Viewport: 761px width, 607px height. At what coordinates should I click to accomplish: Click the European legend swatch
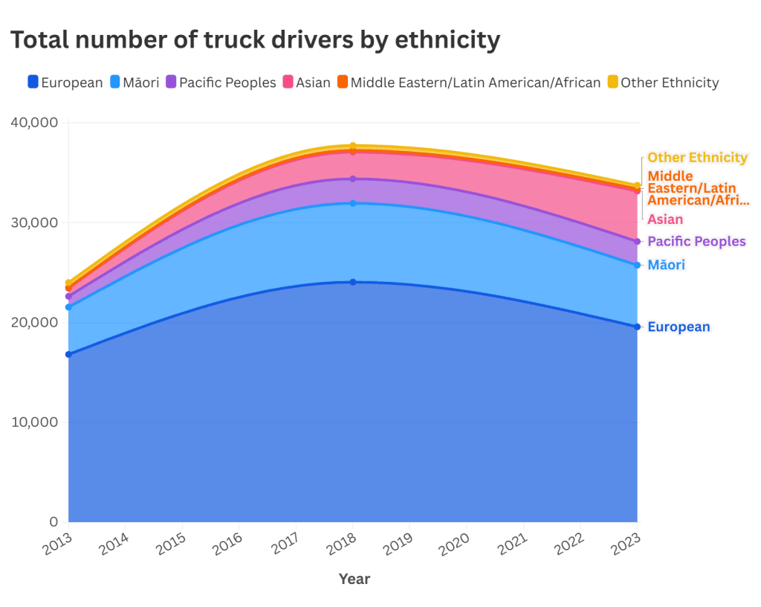33,82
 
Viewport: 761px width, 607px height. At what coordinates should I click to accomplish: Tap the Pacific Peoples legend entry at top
221,82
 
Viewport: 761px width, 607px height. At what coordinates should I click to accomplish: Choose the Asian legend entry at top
306,82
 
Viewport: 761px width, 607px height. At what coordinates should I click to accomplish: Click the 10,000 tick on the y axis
35,422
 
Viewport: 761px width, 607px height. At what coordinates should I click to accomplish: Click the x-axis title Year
354,579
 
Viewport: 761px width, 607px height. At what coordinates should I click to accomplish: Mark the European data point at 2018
353,282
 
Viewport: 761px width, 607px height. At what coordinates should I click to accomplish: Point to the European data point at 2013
68,354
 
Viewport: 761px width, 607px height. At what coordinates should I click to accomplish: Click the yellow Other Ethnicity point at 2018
353,146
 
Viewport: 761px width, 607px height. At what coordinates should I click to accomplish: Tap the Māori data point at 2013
68,306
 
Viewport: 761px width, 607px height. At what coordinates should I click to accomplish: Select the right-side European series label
679,327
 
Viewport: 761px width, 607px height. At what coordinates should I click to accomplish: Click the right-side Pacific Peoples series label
696,242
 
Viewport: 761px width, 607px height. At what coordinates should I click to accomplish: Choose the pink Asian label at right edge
665,219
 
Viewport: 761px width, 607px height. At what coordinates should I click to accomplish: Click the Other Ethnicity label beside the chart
697,158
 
